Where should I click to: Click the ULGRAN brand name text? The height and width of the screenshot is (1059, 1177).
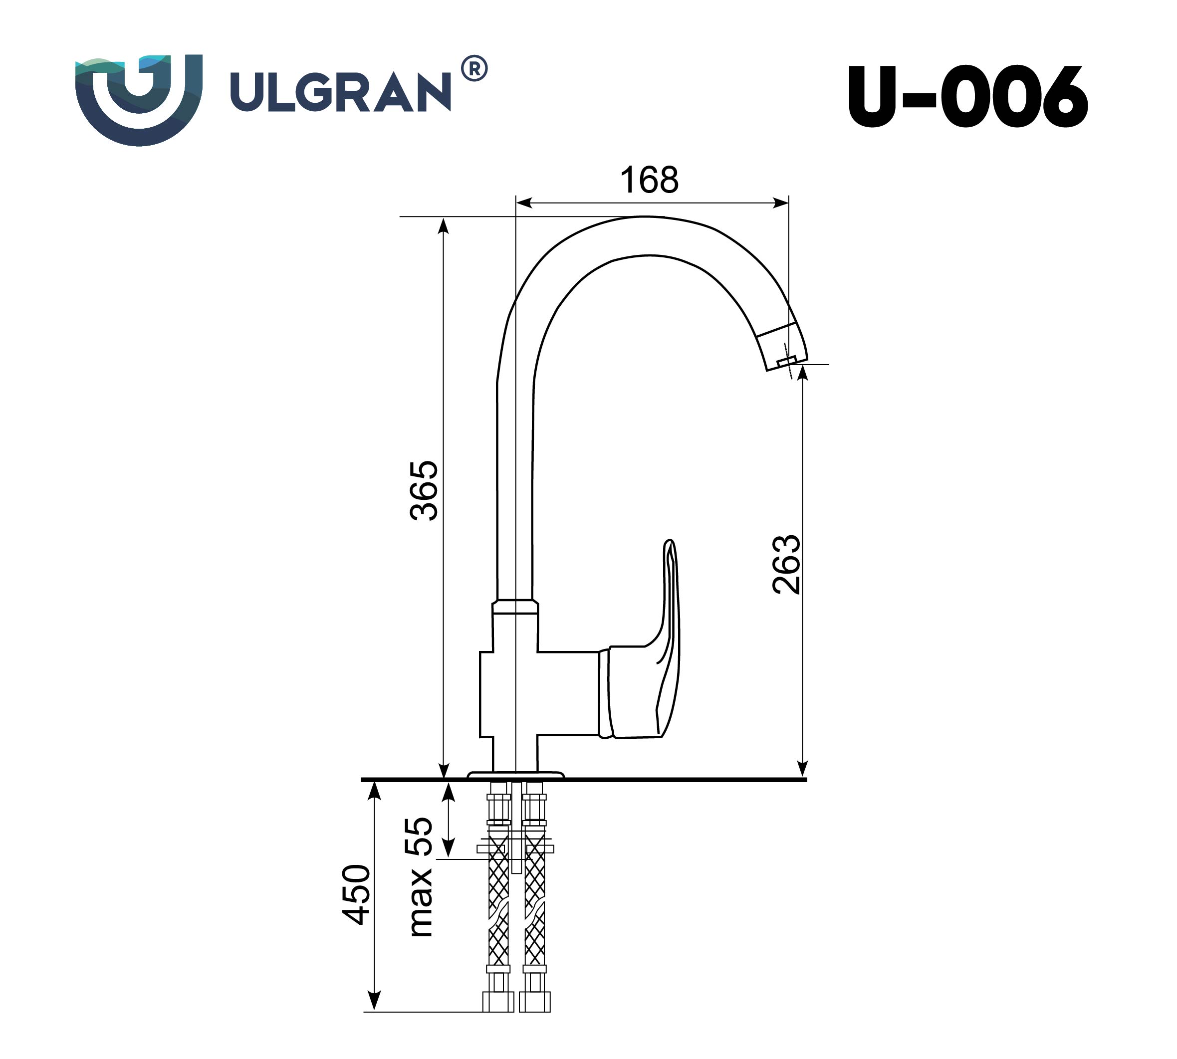(x=340, y=92)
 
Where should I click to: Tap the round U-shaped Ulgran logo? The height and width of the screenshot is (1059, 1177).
(x=139, y=99)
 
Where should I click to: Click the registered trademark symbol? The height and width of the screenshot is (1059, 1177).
(x=474, y=69)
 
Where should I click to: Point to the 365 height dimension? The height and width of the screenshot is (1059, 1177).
(x=424, y=490)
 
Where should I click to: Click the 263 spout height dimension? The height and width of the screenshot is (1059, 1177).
(x=786, y=564)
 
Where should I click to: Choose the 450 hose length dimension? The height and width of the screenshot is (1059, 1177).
(x=356, y=894)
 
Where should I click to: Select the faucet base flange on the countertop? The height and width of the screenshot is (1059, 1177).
(x=516, y=775)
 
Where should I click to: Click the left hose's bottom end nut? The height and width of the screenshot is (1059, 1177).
(x=498, y=1002)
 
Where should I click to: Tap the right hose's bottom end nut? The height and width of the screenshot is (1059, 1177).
(x=534, y=1002)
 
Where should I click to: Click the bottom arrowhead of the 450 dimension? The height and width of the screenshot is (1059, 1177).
(x=375, y=1001)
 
